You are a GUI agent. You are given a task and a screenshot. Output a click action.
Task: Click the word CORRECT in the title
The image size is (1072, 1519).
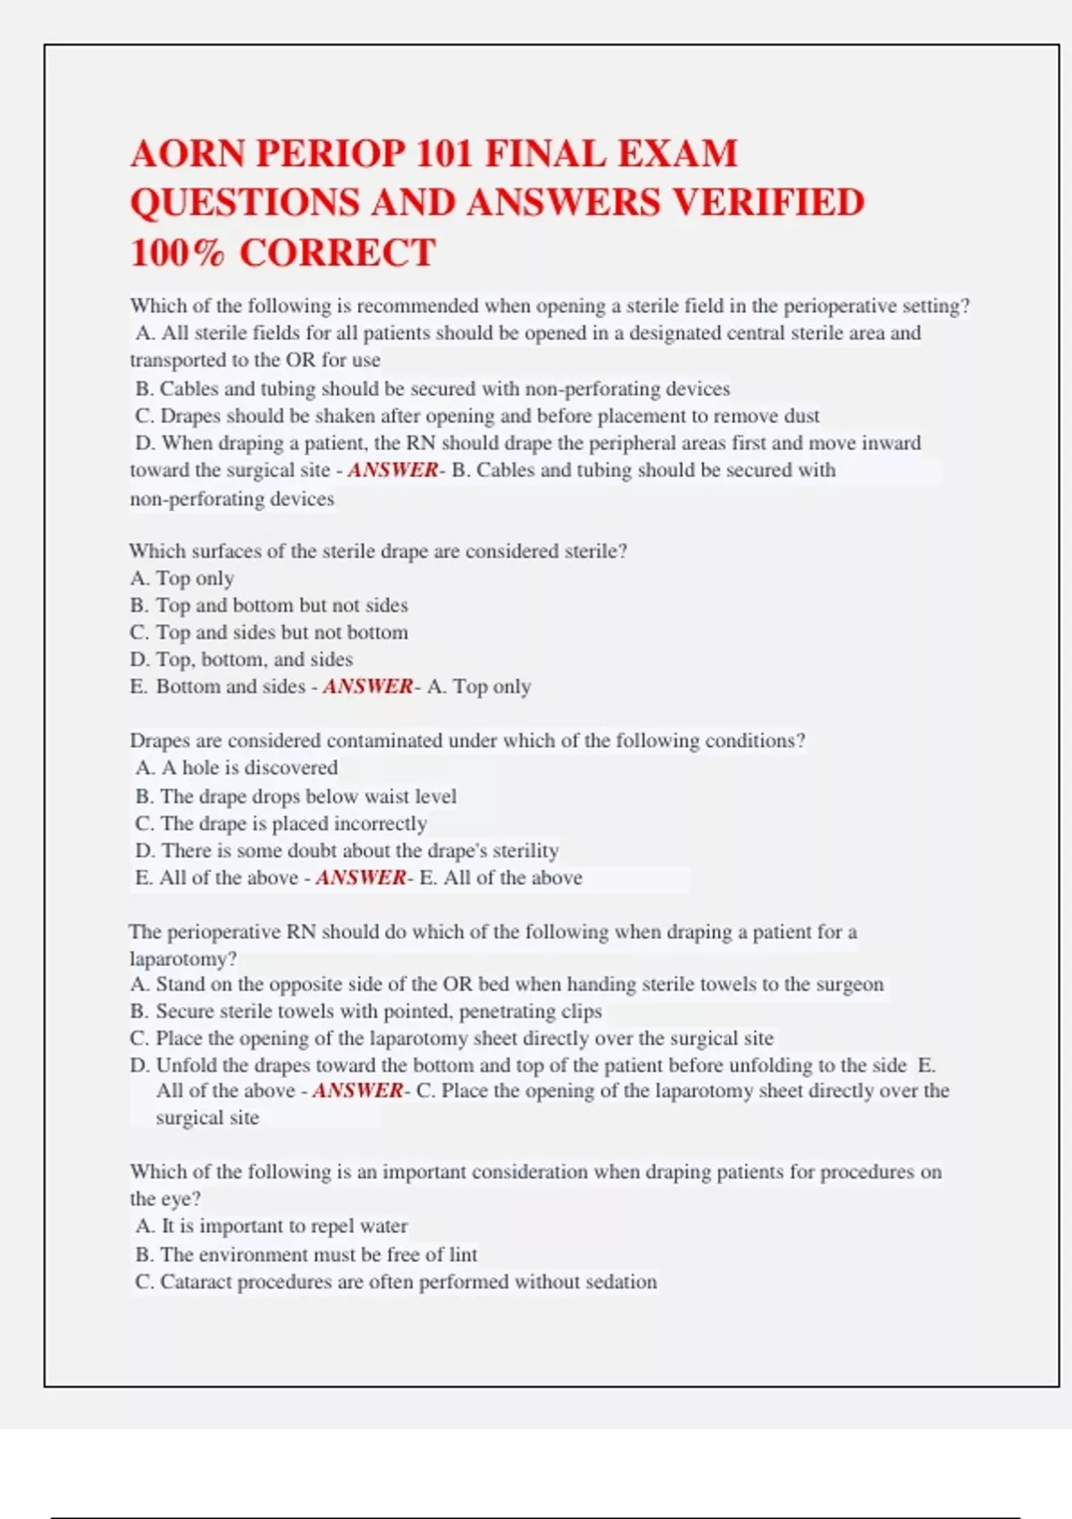click(338, 253)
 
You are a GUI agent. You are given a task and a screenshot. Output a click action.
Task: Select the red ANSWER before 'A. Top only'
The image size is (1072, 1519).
click(367, 687)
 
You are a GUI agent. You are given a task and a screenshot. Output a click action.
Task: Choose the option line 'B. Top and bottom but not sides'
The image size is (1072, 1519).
click(269, 606)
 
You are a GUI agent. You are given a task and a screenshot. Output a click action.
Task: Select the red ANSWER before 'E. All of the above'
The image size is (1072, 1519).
click(360, 878)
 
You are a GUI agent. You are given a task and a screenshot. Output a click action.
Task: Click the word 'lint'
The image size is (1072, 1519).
click(463, 1255)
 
